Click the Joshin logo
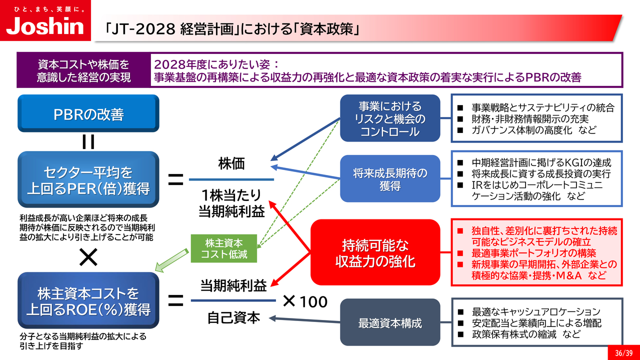coord(45,25)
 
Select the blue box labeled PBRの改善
coord(88,114)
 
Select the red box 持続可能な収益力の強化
coord(375,253)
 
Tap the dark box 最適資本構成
coord(390,323)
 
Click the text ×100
coord(305,301)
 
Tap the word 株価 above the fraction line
coord(231,164)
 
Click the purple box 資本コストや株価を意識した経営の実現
coord(83,71)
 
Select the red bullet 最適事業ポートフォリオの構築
coord(534,253)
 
